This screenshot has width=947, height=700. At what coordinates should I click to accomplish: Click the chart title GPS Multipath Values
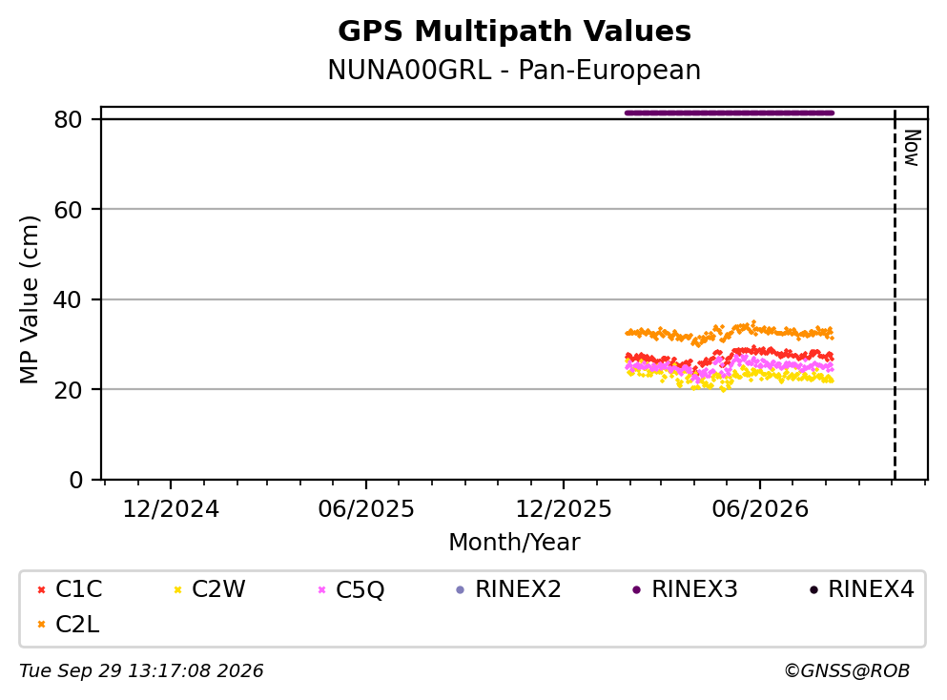click(x=514, y=31)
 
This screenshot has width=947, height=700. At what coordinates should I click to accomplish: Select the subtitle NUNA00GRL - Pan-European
click(x=514, y=70)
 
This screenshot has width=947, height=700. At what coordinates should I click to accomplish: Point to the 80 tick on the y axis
click(x=68, y=119)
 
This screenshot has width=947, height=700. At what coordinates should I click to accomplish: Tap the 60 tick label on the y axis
click(x=68, y=210)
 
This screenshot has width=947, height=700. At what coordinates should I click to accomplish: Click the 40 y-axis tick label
click(x=68, y=299)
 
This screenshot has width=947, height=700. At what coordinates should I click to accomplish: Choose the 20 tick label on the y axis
click(x=68, y=389)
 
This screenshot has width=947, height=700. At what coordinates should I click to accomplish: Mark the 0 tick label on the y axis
click(x=75, y=480)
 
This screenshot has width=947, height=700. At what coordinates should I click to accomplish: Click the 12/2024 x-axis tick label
click(x=171, y=509)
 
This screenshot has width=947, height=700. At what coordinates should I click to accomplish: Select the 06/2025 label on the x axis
click(x=366, y=509)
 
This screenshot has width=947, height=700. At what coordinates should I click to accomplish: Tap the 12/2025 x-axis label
click(x=564, y=509)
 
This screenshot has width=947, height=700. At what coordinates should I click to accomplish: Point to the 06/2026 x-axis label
click(x=760, y=509)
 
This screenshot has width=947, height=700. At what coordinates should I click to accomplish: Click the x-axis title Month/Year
click(x=514, y=543)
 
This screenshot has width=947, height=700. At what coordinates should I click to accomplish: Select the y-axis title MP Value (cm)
click(x=29, y=299)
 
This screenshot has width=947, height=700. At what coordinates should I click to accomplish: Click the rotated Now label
click(x=912, y=148)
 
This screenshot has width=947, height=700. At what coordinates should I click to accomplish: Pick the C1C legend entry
click(x=70, y=588)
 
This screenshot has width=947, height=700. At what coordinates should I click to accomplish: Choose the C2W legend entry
click(x=209, y=588)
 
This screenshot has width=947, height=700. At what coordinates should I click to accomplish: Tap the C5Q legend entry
click(x=351, y=588)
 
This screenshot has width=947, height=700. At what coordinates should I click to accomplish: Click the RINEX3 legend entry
click(x=685, y=588)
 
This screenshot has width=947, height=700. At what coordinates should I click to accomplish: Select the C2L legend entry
click(x=69, y=624)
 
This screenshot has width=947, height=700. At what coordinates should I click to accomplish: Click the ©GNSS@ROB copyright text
click(x=847, y=671)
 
